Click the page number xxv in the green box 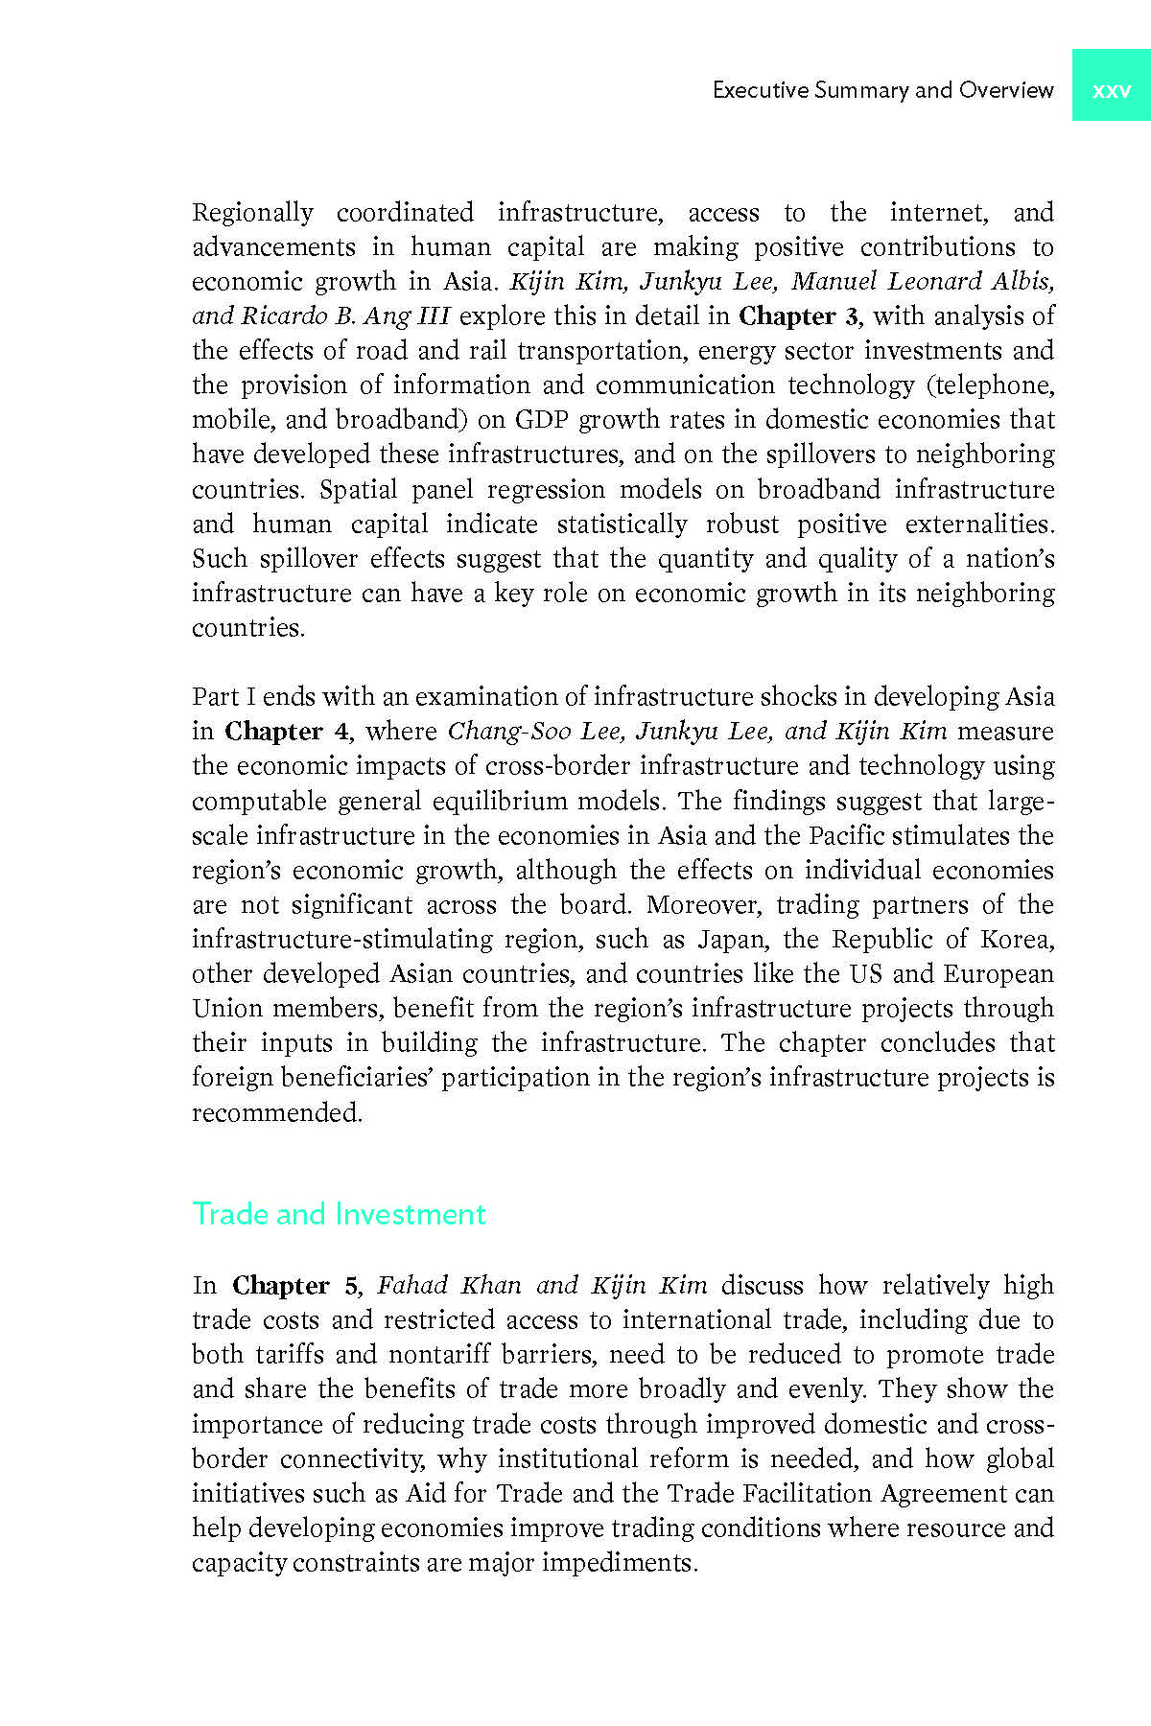[1111, 90]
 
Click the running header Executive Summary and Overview [882, 90]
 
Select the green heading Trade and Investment [339, 1214]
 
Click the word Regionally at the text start [252, 212]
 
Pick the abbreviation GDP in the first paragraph [542, 420]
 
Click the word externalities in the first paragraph [978, 524]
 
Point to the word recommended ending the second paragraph [276, 1112]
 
